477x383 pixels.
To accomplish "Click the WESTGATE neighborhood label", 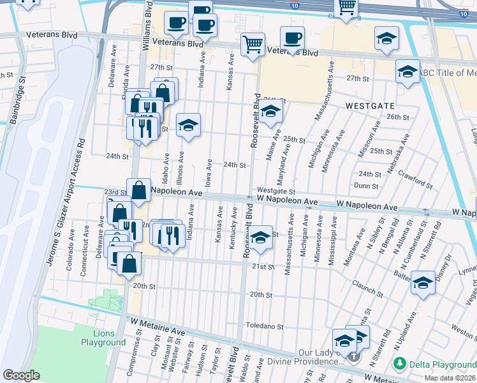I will click(x=370, y=105).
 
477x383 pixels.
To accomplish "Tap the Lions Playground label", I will click(x=103, y=338).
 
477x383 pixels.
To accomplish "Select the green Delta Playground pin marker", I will click(x=400, y=364).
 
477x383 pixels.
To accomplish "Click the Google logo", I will click(x=21, y=375).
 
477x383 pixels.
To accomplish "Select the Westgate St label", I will click(x=275, y=191).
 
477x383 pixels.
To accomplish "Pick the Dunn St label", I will click(x=367, y=186).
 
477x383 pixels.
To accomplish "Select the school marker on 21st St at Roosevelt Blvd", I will click(x=260, y=237).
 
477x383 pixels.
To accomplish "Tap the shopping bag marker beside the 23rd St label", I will click(x=138, y=190).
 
